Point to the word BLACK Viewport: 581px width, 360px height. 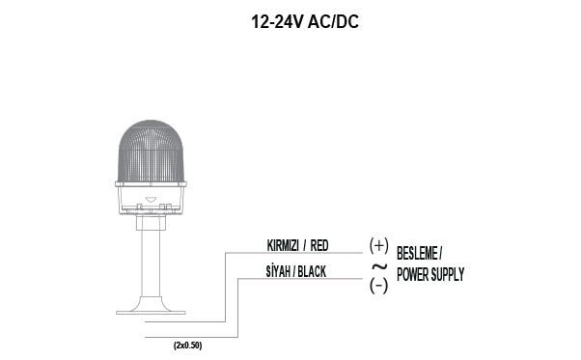coord(311,272)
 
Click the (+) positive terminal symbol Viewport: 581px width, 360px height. coord(378,245)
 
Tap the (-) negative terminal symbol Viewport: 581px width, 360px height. coord(378,285)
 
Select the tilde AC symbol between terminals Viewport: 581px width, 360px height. coord(378,265)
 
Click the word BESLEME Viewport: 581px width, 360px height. coord(416,255)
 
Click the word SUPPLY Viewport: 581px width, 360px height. coord(450,275)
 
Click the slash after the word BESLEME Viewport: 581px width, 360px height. coord(440,255)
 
